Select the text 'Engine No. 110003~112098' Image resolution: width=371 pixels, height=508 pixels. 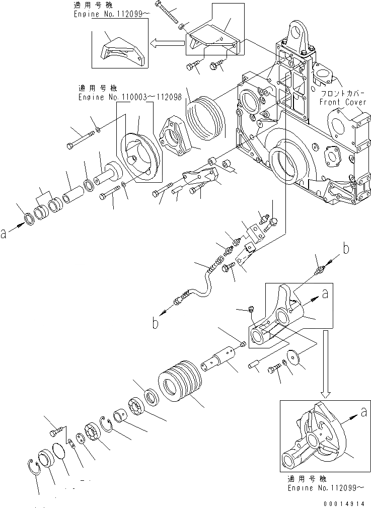coord(129,96)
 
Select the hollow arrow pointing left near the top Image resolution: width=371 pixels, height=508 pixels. coord(168,44)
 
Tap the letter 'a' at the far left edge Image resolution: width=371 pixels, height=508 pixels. coord(5,233)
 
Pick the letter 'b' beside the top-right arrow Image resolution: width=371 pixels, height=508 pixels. coord(346,247)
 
